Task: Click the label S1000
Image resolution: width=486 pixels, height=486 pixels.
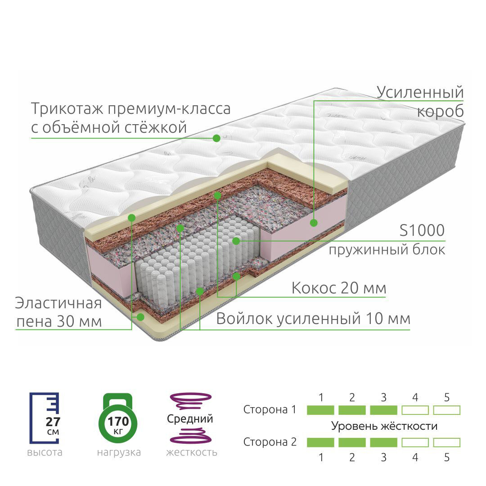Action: point(422,230)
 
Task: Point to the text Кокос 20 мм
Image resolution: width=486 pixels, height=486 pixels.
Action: point(338,288)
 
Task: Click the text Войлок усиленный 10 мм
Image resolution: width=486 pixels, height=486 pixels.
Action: point(313,319)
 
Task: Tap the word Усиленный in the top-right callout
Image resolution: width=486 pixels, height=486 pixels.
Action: point(420,92)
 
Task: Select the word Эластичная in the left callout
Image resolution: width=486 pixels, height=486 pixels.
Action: point(58,303)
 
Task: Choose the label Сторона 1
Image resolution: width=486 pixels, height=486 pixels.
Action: point(270,410)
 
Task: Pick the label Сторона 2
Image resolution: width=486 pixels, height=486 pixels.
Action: point(270,442)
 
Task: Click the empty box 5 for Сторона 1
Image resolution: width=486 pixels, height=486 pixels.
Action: point(446,410)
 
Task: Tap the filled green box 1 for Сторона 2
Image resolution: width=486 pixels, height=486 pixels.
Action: point(320,442)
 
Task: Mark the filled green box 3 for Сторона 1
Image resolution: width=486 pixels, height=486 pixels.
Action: point(383,410)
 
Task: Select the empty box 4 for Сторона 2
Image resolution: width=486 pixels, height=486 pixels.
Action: point(415,442)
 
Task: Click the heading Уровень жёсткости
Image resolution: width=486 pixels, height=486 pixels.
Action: point(384,426)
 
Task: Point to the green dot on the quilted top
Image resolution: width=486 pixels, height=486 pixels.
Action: point(216,138)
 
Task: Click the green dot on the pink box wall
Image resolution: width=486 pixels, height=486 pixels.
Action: point(314,222)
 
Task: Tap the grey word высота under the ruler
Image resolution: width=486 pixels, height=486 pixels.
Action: point(45,452)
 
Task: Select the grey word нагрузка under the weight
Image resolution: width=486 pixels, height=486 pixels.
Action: point(119,452)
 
